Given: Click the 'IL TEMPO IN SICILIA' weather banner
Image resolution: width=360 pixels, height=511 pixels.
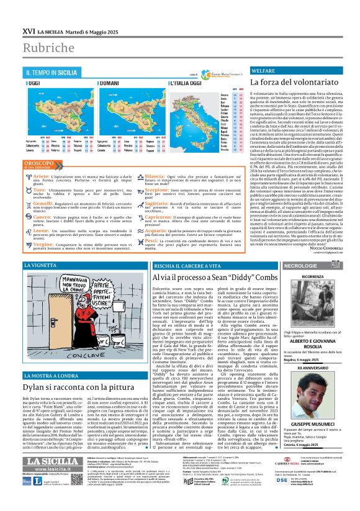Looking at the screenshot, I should pos(52,72).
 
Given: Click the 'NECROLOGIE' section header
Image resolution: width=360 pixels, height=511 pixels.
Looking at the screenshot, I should pos(286,266).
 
